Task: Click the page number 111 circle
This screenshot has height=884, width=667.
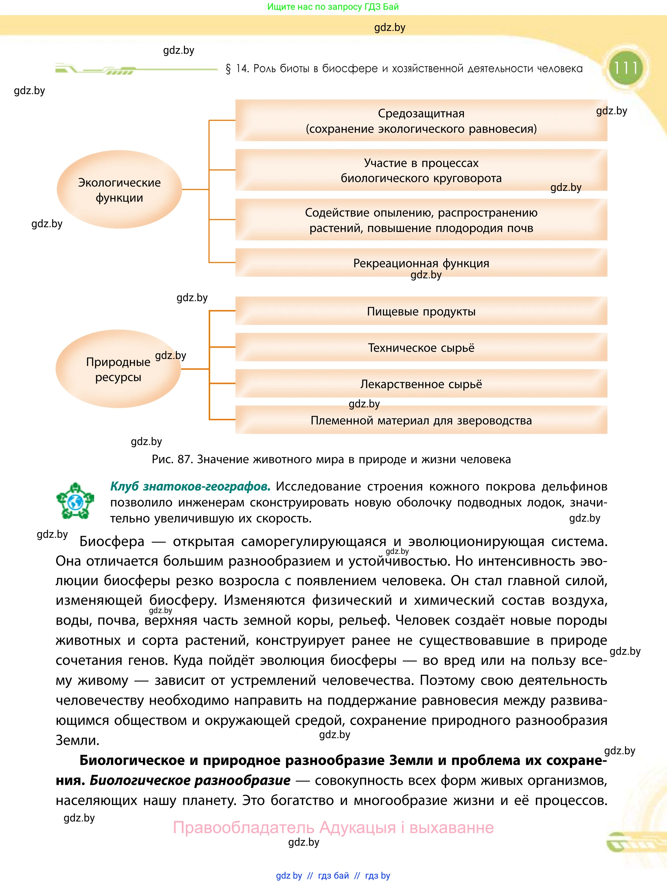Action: click(x=625, y=68)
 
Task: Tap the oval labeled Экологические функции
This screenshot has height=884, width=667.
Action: click(x=119, y=190)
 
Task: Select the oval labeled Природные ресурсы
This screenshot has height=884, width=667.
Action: click(x=118, y=369)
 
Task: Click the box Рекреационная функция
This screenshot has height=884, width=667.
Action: click(x=421, y=263)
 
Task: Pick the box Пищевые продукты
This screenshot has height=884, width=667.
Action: click(x=421, y=311)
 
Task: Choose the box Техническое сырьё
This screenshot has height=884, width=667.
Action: click(x=421, y=347)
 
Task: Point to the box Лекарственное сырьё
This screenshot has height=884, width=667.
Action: click(x=421, y=384)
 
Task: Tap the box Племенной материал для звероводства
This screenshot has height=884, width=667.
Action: click(x=421, y=420)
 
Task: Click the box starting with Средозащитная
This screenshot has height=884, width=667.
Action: click(x=421, y=121)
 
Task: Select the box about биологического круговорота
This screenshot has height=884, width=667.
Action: click(x=421, y=170)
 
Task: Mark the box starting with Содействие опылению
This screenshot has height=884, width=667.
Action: click(x=421, y=220)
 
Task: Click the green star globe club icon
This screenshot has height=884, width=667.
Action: click(x=75, y=501)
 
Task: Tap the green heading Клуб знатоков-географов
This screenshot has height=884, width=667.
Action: click(x=190, y=486)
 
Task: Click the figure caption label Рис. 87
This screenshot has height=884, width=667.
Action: click(x=172, y=459)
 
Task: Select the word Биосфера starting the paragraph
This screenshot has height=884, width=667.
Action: click(x=112, y=541)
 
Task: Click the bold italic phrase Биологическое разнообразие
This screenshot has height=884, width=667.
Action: click(x=190, y=780)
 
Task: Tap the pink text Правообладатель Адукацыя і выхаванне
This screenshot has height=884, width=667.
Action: click(x=333, y=827)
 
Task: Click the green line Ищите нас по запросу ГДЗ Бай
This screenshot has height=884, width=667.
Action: click(x=333, y=7)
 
